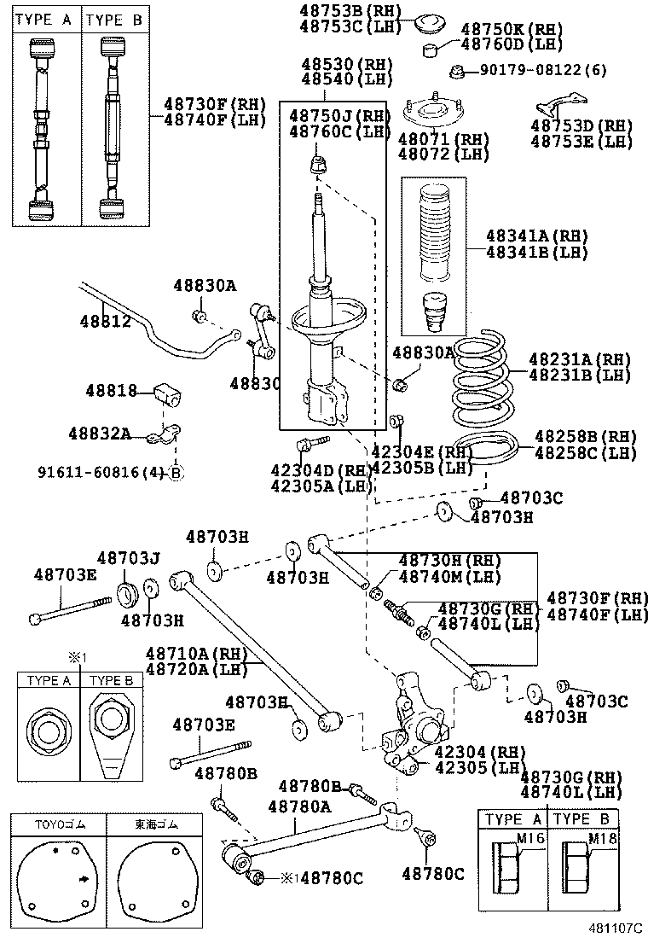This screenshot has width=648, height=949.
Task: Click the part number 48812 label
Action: pos(105,322)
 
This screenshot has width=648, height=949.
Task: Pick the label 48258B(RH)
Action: pos(585,437)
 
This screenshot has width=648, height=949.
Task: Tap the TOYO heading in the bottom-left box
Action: pos(56,825)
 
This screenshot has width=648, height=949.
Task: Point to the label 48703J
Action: pos(128,558)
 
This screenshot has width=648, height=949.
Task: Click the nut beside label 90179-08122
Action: pos(458,71)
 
